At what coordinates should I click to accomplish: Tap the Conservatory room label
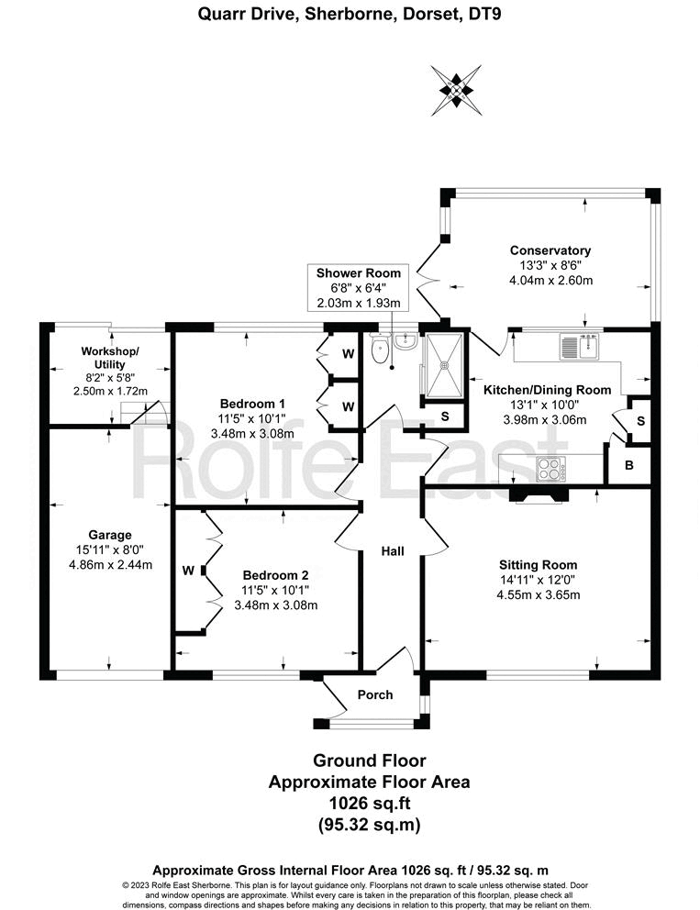pos(550,250)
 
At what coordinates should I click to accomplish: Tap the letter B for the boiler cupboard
pos(629,466)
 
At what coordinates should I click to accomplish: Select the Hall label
pos(393,551)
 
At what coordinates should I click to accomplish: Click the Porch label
pos(375,694)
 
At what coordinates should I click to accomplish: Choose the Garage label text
pos(110,535)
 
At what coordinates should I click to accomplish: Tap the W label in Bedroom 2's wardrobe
pos(188,571)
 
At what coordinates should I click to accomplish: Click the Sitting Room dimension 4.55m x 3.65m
pos(540,594)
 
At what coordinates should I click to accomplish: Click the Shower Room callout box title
pos(359,273)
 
